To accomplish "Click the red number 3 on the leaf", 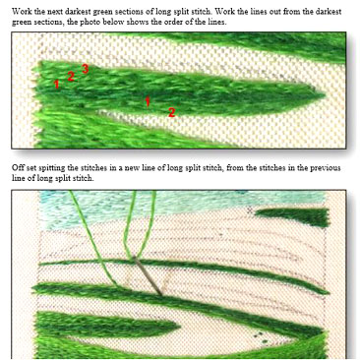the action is (85, 69).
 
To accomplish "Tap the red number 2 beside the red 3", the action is (71, 77).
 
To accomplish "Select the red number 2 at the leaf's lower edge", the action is (171, 113).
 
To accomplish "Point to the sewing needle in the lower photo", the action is (148, 275).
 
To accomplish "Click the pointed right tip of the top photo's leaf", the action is (325, 95).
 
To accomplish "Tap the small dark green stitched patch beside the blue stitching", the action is (292, 215).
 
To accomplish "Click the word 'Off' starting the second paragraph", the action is (18, 168).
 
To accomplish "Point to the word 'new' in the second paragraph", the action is (133, 168).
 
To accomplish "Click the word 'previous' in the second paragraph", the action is (325, 168).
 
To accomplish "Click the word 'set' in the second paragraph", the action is (30, 168).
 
